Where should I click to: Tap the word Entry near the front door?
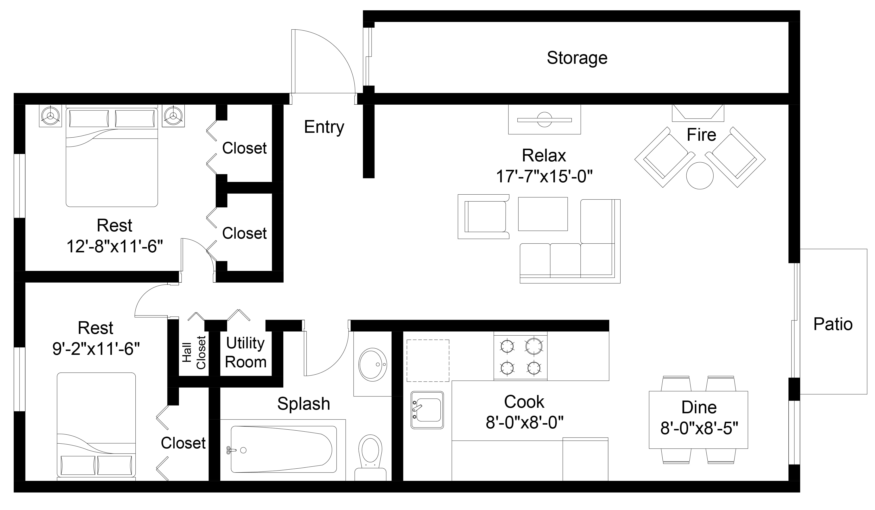click(x=324, y=127)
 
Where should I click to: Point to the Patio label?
click(x=833, y=324)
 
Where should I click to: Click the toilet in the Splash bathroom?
click(x=370, y=458)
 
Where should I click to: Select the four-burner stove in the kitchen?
click(x=520, y=356)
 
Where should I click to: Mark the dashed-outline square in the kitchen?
click(x=428, y=361)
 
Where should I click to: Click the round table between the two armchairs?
click(x=700, y=175)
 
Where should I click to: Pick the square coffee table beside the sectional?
click(x=543, y=214)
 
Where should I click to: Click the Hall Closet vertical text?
click(x=194, y=352)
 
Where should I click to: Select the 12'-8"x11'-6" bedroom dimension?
click(x=114, y=247)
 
